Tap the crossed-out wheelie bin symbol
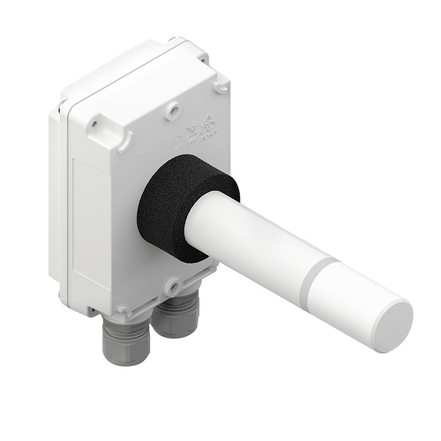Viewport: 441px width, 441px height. [192, 132]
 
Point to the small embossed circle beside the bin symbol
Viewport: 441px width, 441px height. [178, 141]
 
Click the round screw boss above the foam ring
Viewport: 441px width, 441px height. [174, 110]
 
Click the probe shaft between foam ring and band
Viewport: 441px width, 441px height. [248, 237]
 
